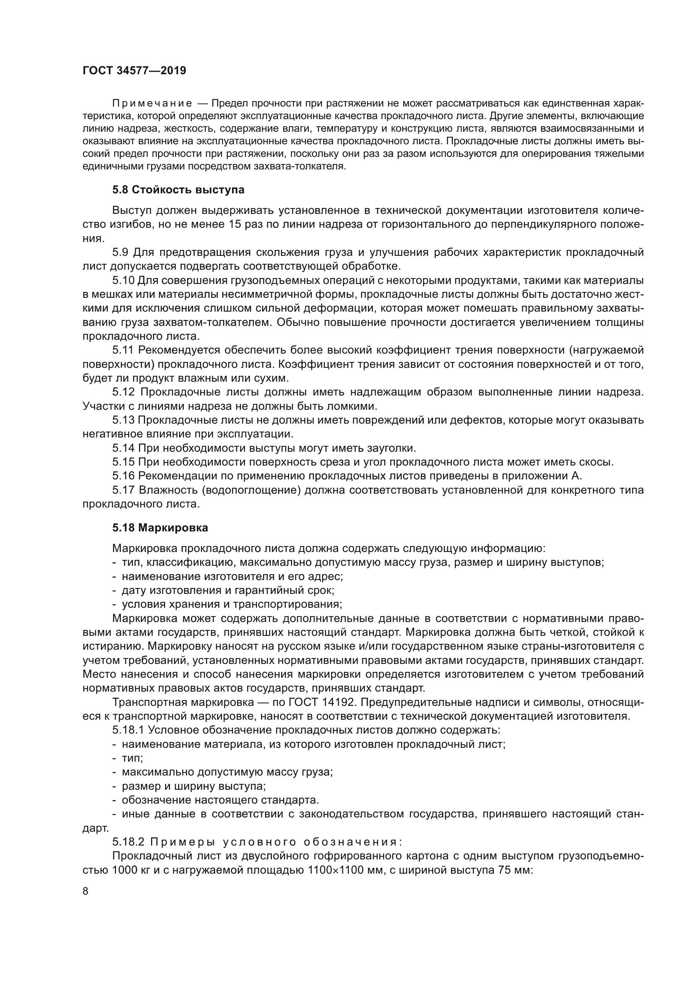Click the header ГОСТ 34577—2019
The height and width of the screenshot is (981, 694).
(x=134, y=71)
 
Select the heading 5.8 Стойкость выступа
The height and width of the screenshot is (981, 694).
(x=178, y=190)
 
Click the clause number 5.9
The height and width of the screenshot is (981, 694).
(x=120, y=252)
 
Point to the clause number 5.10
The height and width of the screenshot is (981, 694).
(x=123, y=280)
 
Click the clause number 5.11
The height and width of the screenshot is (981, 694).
(x=123, y=350)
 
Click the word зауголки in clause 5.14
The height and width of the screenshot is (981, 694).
(x=391, y=448)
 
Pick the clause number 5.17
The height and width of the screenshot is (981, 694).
(x=123, y=490)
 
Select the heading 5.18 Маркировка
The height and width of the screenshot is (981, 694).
(x=160, y=528)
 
